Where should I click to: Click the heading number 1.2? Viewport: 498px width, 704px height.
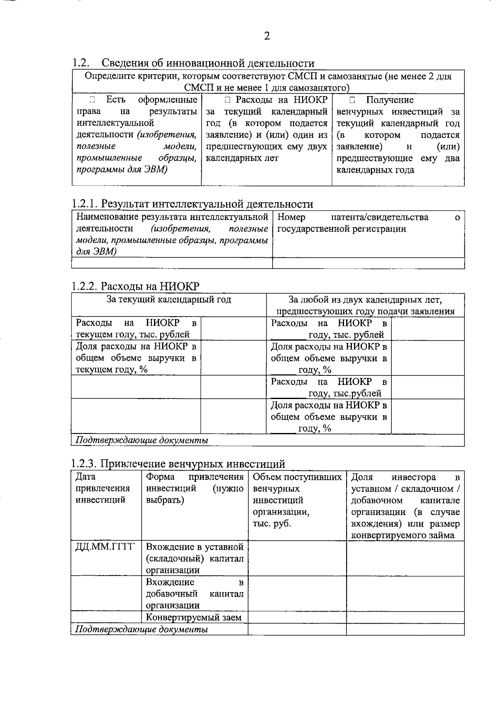click(80, 63)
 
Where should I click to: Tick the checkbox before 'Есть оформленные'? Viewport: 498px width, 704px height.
click(92, 100)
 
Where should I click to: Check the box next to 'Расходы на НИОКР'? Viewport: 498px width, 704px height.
click(227, 100)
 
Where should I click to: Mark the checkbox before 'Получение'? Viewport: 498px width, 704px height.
click(352, 100)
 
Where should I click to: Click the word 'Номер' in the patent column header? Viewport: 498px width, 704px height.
click(291, 217)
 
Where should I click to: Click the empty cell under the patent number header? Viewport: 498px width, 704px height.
click(368, 263)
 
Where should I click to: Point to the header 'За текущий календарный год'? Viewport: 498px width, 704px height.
click(168, 300)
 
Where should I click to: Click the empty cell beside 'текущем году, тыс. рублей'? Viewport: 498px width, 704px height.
click(233, 329)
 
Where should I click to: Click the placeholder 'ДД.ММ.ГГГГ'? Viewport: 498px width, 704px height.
click(105, 547)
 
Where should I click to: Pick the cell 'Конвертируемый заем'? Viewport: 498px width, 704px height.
click(194, 617)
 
